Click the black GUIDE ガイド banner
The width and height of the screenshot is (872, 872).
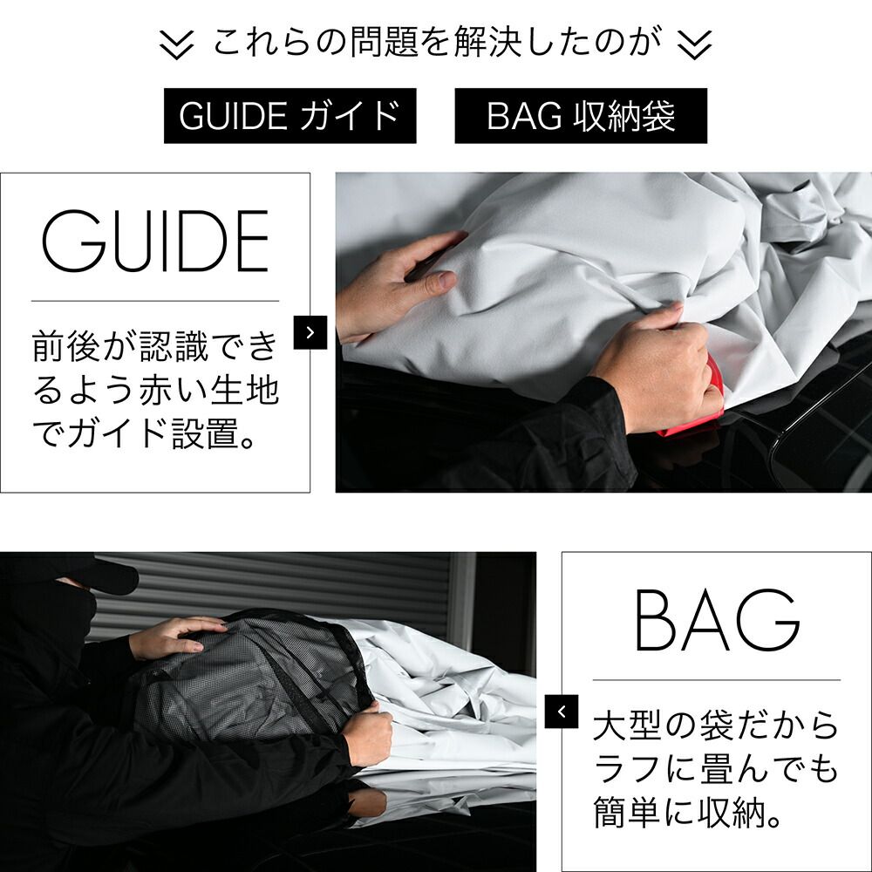coord(290,116)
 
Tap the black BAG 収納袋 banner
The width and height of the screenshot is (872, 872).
coord(581,116)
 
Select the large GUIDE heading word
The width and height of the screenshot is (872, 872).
coord(155,241)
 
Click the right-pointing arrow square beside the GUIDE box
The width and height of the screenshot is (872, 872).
coord(310,332)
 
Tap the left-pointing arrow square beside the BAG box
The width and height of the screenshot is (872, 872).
coord(562,711)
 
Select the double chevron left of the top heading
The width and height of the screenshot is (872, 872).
coord(178,44)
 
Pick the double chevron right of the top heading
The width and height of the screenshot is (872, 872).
coord(694,44)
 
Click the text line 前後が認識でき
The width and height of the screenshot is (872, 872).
coord(155,346)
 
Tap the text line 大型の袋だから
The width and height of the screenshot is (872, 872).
coord(716,725)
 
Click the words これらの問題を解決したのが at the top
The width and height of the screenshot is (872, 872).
coord(433,44)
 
